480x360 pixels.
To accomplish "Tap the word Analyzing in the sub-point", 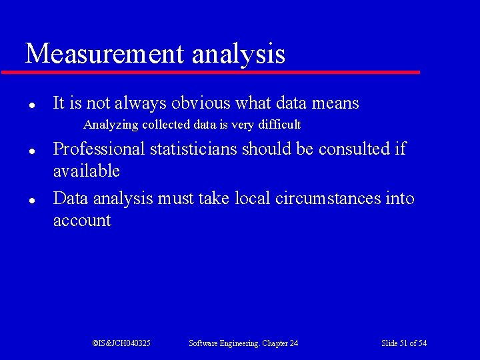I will pyautogui.click(x=111, y=125).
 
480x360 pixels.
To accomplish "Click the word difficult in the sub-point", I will pyautogui.click(x=279, y=125).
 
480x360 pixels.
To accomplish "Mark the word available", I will pyautogui.click(x=87, y=171).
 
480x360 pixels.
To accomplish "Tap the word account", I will pyautogui.click(x=82, y=221).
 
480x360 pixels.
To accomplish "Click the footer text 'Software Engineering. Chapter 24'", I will pyautogui.click(x=243, y=343).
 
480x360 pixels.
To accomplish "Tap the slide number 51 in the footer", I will pyautogui.click(x=403, y=343).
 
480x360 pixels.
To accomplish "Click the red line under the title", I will pyautogui.click(x=211, y=72).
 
